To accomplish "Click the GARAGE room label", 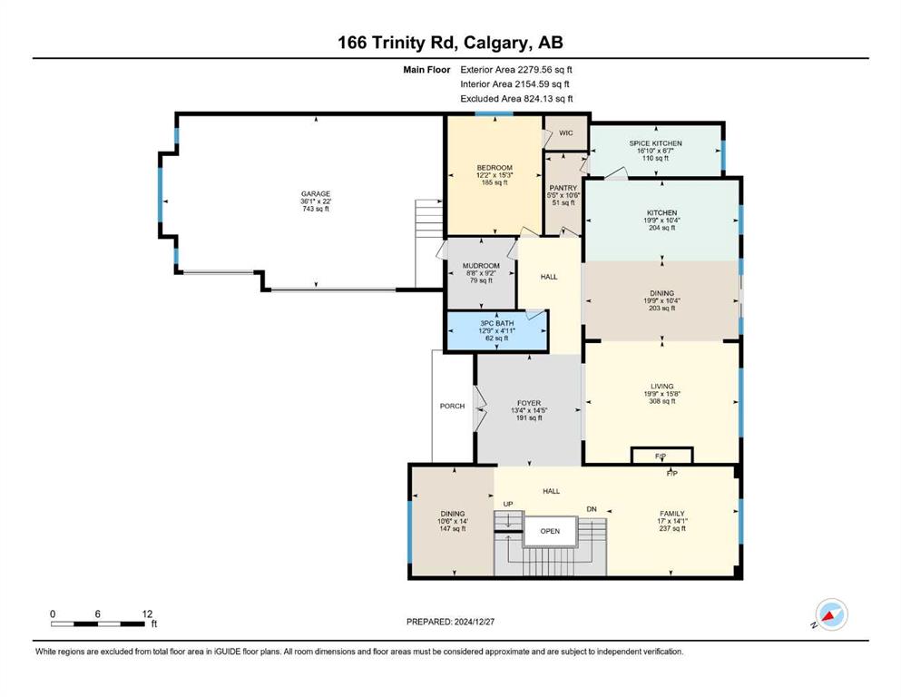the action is [316, 194].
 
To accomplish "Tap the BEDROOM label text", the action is [495, 168].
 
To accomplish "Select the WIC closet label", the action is [566, 133].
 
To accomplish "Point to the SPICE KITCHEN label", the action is [655, 143].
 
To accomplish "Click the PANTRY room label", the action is [563, 188].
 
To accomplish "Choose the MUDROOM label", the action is [481, 266].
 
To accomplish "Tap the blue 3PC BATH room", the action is [497, 331].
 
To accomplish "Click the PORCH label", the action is [452, 406].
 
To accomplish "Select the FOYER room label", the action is [529, 403].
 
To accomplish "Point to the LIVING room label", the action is [662, 386].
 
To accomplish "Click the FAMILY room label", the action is [671, 514].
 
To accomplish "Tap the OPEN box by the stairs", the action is [550, 531].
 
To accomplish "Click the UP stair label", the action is [508, 504].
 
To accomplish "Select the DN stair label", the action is [592, 509].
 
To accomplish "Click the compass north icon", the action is [831, 614].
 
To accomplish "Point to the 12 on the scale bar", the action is [147, 614].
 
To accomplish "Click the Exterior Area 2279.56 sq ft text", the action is [516, 70].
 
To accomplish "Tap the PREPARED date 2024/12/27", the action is [474, 622].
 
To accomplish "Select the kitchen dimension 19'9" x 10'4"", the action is [662, 220].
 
